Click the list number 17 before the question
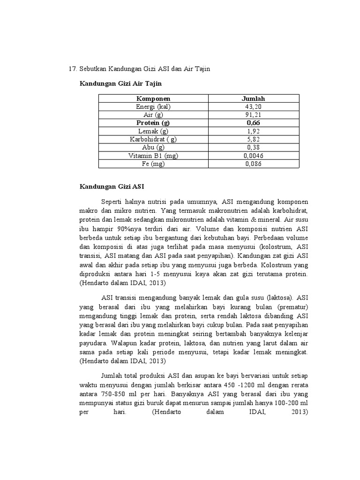[73, 69]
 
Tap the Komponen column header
[153, 99]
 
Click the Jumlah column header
[253, 99]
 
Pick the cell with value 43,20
[253, 107]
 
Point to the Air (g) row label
[153, 115]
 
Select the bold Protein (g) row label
[153, 123]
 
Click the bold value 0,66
[253, 123]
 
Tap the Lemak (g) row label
[153, 131]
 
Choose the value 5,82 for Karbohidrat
[253, 139]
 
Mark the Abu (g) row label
[153, 147]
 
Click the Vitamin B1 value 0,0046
[253, 156]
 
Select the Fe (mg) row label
[153, 164]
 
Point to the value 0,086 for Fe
[253, 164]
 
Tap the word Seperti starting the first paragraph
[112, 202]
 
